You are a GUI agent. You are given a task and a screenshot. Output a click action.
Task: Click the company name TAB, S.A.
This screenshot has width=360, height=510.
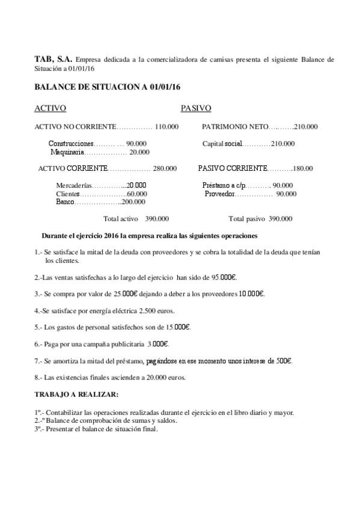tap(53, 60)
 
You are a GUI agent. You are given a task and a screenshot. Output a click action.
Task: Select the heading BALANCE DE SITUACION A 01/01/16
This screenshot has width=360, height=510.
tap(107, 88)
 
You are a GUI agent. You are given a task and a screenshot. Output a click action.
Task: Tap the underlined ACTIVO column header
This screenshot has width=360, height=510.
tap(50, 108)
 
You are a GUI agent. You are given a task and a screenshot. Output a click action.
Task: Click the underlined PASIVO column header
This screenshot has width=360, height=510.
tap(196, 108)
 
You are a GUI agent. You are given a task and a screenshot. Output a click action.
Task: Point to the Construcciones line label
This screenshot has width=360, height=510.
tap(71, 144)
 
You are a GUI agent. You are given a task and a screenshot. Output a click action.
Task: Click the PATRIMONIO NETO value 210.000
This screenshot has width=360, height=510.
tap(307, 127)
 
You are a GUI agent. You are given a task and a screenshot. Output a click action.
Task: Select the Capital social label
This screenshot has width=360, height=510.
tap(222, 144)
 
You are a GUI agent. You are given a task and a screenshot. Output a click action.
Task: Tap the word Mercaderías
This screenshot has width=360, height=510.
tap(74, 185)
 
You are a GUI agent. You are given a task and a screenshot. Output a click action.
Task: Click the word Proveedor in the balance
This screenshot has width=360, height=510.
tap(220, 194)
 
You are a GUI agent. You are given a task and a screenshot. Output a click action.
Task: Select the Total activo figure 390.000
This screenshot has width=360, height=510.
tap(157, 219)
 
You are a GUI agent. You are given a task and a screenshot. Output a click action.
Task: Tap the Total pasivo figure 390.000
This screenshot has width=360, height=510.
tap(281, 219)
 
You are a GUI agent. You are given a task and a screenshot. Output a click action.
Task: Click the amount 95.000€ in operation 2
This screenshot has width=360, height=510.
tap(225, 277)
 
